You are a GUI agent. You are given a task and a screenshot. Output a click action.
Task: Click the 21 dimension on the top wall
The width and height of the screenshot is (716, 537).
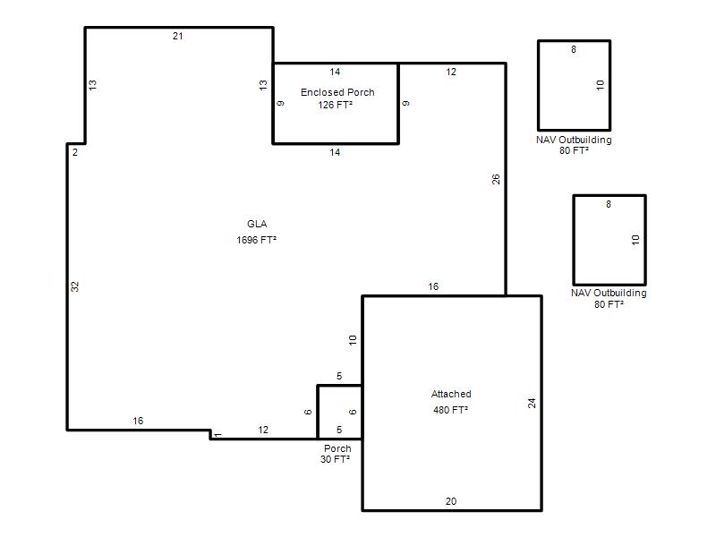(177, 36)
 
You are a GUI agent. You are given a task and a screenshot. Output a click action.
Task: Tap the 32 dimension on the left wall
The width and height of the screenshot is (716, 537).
(75, 286)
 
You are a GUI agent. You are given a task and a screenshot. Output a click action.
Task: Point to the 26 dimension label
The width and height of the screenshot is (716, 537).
(496, 180)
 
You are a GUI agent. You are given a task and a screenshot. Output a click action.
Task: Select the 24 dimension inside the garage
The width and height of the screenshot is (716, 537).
(532, 404)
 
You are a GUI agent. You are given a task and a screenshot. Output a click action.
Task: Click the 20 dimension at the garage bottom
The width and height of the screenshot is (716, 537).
(451, 501)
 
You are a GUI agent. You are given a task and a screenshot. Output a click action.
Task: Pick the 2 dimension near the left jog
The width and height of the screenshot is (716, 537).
(75, 152)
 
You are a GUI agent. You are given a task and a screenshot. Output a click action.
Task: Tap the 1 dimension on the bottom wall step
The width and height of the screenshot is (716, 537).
(218, 435)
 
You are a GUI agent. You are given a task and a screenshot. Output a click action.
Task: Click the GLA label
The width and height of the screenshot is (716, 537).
(257, 224)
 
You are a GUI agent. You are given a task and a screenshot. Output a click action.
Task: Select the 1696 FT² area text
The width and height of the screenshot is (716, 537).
(257, 240)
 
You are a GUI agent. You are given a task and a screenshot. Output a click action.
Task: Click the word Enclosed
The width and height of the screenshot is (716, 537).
(319, 92)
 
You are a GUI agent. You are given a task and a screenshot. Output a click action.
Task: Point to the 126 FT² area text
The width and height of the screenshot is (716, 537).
(335, 105)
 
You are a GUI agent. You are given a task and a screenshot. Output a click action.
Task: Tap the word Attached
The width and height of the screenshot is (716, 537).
(451, 394)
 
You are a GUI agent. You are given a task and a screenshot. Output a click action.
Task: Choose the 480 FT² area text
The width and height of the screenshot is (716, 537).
(451, 410)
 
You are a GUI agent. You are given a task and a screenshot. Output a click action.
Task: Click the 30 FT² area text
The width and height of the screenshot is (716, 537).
(335, 459)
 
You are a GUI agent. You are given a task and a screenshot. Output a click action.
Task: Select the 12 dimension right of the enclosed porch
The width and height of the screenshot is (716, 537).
(451, 72)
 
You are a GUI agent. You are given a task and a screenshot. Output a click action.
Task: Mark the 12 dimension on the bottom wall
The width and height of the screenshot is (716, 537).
(263, 430)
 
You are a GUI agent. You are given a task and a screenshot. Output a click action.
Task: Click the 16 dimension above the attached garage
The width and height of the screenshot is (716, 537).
(433, 286)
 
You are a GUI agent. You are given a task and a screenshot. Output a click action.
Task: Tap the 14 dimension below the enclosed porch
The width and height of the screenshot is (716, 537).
(335, 152)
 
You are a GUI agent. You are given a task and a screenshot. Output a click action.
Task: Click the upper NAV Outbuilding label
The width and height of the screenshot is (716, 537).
(574, 140)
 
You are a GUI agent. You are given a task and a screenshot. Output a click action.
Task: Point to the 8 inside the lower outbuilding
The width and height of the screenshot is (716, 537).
(609, 204)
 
